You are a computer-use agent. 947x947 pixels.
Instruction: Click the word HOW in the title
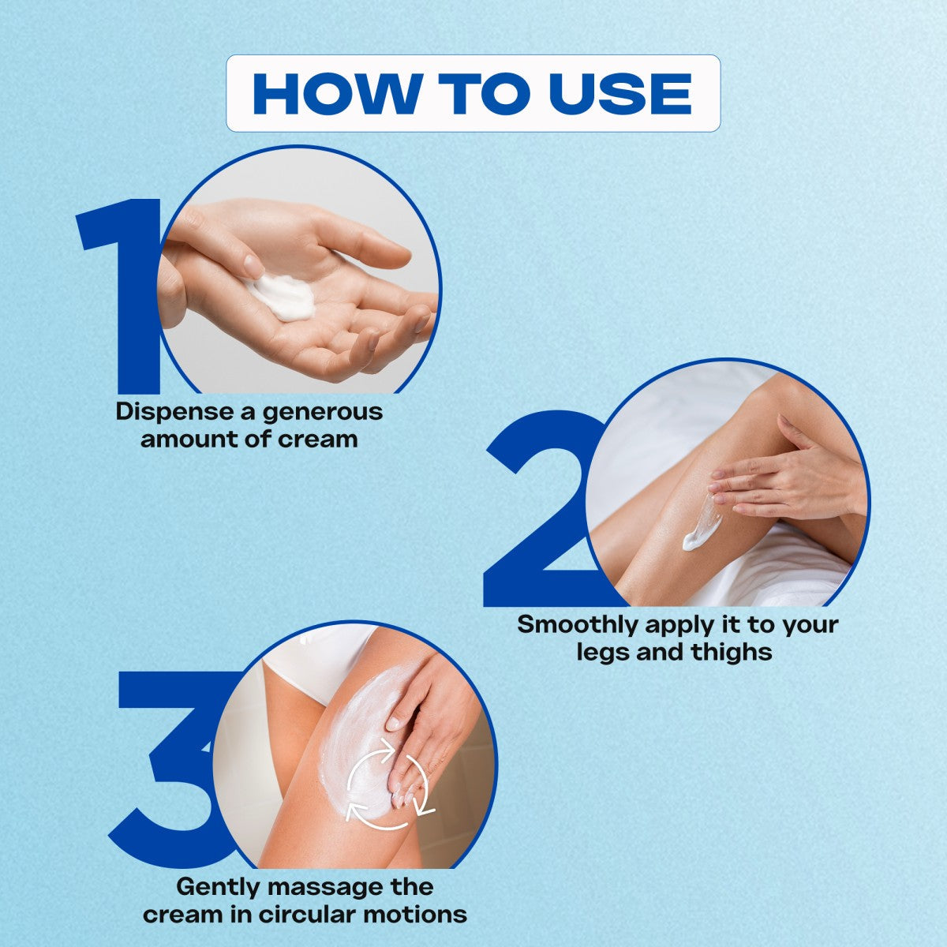point(338,94)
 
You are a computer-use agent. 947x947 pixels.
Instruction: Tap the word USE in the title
point(620,94)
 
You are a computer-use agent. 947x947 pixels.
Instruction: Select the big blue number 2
point(541,509)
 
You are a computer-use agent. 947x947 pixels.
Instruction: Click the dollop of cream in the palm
point(283,297)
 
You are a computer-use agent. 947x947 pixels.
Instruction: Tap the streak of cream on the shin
point(700,524)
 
